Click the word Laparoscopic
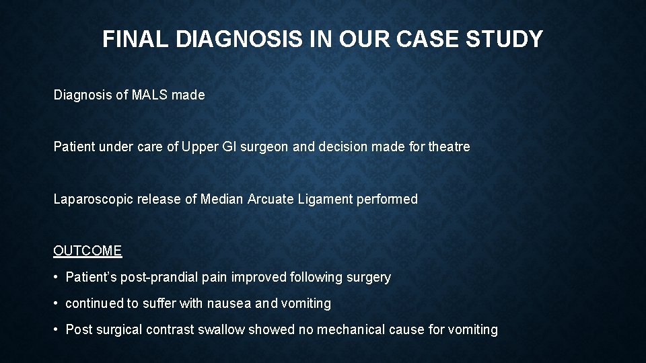tap(92, 200)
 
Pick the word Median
tap(222, 200)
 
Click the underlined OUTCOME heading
tap(87, 251)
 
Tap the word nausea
tap(227, 304)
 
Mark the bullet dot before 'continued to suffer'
tap(57, 304)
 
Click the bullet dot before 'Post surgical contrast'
tap(57, 330)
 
